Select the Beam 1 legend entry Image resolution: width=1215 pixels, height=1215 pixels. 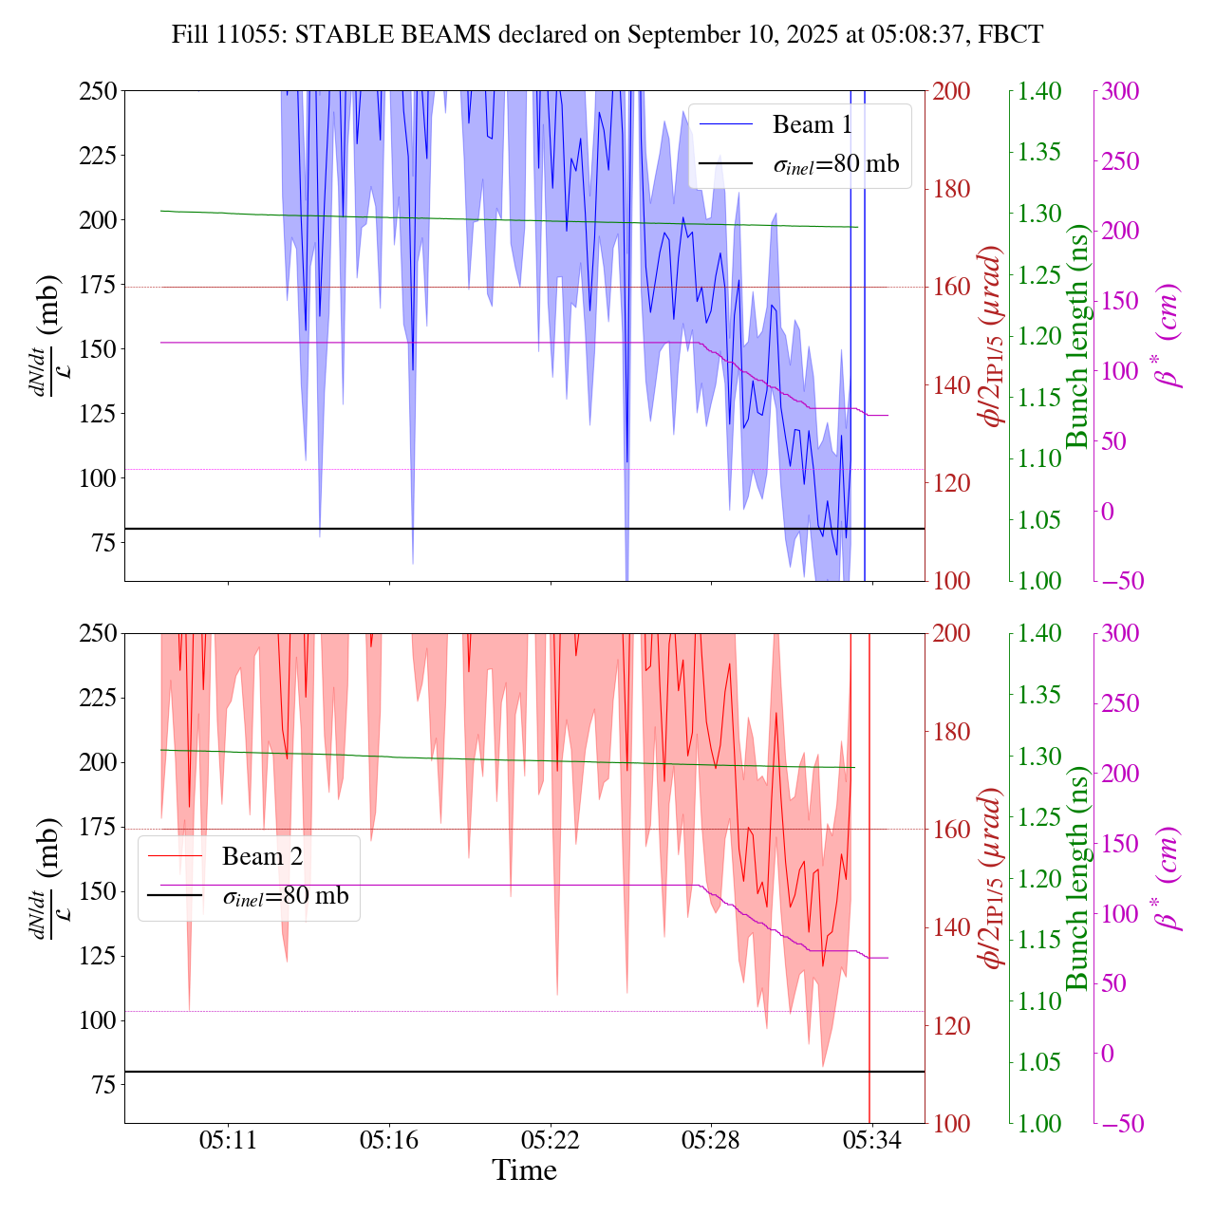pyautogui.click(x=812, y=124)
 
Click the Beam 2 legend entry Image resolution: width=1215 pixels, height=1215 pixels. pyautogui.click(x=262, y=856)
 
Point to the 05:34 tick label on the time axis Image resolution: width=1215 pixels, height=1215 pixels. pyautogui.click(x=871, y=1140)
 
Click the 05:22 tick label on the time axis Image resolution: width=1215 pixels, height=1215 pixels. pyautogui.click(x=551, y=1140)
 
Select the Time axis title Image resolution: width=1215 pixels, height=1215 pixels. pyautogui.click(x=524, y=1170)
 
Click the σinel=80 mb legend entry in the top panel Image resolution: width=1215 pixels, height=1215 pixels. pyautogui.click(x=835, y=164)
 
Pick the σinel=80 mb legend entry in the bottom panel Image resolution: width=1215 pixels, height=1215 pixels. pyautogui.click(x=285, y=896)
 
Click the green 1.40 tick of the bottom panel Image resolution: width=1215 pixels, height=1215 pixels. pyautogui.click(x=1040, y=633)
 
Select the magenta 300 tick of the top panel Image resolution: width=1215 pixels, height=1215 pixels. pyautogui.click(x=1120, y=91)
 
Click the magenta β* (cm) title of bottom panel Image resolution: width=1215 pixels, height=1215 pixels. pyautogui.click(x=1168, y=878)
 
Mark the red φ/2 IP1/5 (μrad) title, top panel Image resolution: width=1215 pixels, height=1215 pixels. pyautogui.click(x=993, y=336)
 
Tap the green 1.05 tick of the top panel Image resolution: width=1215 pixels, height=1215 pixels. pyautogui.click(x=1040, y=519)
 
